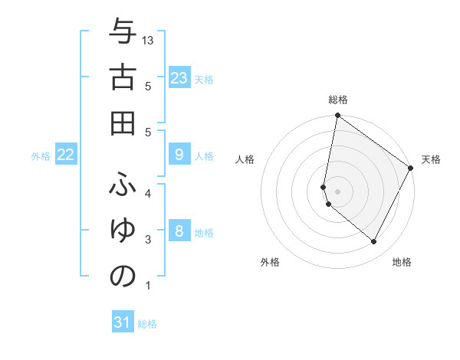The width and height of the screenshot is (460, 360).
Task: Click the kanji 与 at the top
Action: coord(123,34)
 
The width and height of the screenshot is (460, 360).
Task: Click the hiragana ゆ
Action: coord(123,230)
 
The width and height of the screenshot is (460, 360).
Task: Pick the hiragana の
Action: coord(123,276)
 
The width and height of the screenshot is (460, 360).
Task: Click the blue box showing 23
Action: coord(179,77)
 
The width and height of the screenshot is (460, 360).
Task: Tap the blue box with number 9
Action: coord(179,155)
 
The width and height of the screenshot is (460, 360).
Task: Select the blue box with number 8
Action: coord(179,231)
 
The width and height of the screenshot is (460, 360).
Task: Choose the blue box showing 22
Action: coord(66,155)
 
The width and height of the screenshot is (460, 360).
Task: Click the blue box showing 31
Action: coord(123,322)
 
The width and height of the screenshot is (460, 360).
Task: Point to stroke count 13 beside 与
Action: coord(149,40)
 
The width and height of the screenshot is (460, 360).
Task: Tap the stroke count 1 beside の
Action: coord(148,286)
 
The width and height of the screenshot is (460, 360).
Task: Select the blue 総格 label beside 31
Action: coord(147,324)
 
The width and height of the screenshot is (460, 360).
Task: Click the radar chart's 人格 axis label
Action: coord(245,159)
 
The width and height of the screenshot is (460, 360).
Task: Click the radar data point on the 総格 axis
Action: coord(337,116)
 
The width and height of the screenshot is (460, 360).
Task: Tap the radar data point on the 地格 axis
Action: coord(373,242)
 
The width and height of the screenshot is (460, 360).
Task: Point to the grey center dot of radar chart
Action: coord(338,191)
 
